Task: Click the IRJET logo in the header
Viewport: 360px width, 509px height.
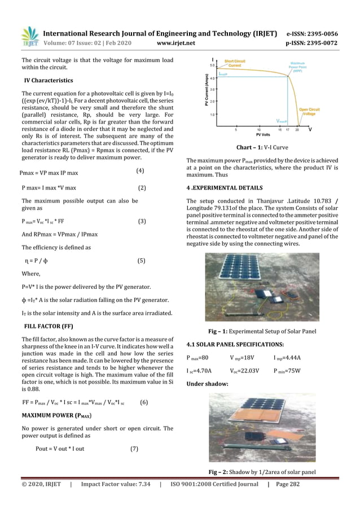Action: (29, 36)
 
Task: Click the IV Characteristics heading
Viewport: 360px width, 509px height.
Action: (49, 81)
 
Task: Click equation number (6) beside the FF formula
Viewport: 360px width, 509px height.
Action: (143, 402)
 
